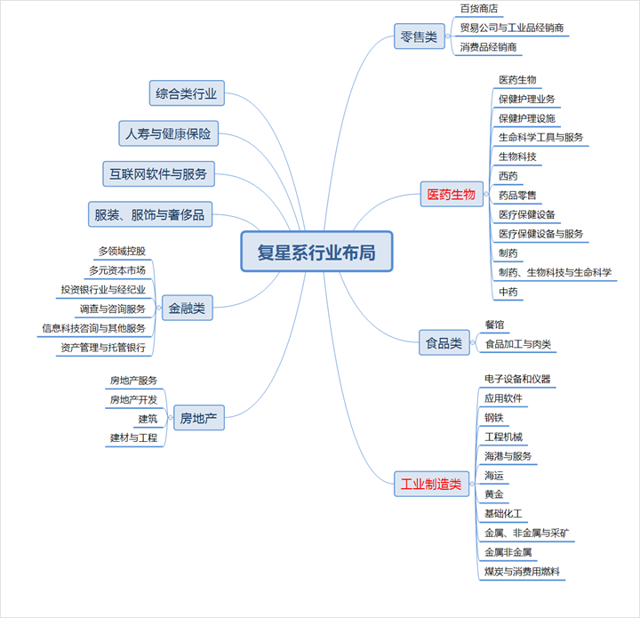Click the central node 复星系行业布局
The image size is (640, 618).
[x=316, y=253]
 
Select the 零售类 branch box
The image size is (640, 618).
[x=419, y=37]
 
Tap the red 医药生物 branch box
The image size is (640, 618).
[x=452, y=194]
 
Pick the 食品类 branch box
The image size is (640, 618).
[x=444, y=341]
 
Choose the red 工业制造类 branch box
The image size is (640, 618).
[x=431, y=485]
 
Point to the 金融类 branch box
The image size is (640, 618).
[x=187, y=309]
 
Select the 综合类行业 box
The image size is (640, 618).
[x=187, y=92]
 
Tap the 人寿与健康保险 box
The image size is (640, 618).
[x=168, y=133]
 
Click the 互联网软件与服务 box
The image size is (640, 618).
[x=158, y=174]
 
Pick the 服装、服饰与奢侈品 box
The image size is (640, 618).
[x=150, y=214]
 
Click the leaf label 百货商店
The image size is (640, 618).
[x=478, y=9]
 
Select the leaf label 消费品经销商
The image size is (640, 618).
[x=489, y=47]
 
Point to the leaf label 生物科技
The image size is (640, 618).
[x=517, y=157]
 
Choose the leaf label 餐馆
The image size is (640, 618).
[x=494, y=325]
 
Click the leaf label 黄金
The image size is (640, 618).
[x=493, y=494]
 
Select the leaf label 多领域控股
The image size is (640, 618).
[x=122, y=252]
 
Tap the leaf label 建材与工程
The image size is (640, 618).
[x=133, y=437]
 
